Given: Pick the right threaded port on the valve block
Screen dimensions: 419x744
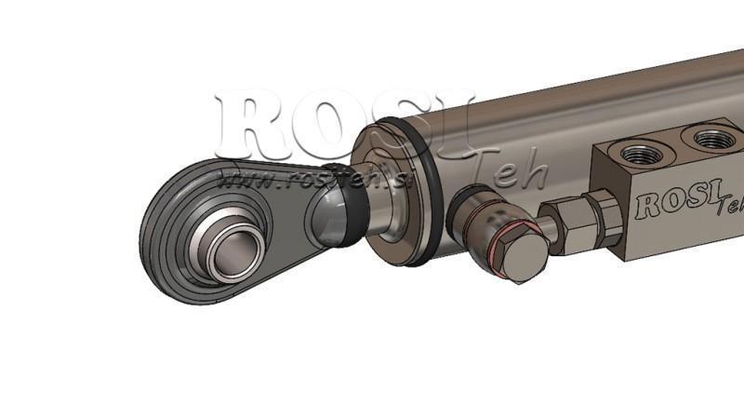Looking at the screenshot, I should [714, 139].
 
